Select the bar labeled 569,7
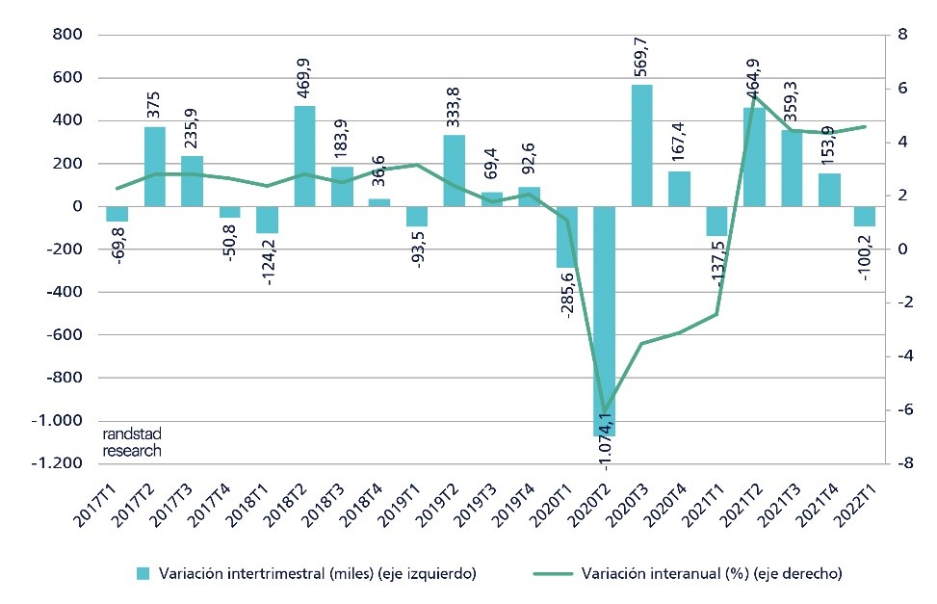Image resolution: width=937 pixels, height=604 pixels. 642,145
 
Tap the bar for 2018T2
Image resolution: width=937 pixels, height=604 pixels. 305,156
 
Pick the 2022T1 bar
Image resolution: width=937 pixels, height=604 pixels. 866,217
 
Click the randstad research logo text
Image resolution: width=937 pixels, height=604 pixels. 131,443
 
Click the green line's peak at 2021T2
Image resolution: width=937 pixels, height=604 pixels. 754,94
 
